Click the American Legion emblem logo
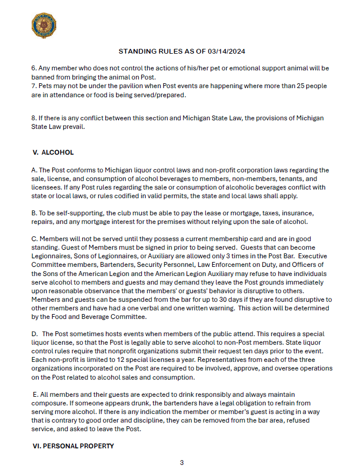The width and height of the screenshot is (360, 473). [x=45, y=26]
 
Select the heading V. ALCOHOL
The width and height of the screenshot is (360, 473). [x=53, y=152]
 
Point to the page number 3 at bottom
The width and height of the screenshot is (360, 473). [x=182, y=462]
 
